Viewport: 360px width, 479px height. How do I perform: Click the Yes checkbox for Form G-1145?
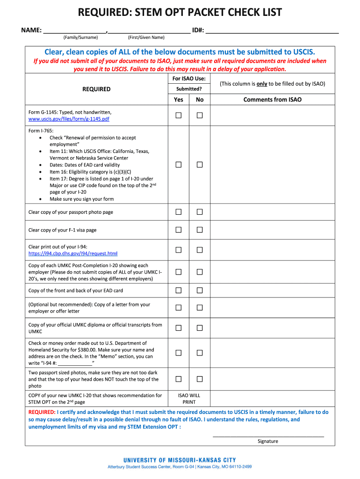click(x=179, y=116)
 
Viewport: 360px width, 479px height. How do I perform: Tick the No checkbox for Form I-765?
click(x=200, y=165)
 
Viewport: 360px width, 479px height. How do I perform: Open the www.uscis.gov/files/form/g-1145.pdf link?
click(x=69, y=119)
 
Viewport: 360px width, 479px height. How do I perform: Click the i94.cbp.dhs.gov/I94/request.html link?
click(x=73, y=254)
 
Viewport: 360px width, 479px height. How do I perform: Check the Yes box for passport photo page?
click(x=179, y=212)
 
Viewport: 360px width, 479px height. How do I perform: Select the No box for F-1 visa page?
click(x=200, y=230)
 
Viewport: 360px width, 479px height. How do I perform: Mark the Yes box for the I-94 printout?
click(x=179, y=250)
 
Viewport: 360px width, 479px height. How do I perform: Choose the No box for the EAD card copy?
click(x=200, y=290)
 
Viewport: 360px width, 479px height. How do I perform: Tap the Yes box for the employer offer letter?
click(x=179, y=307)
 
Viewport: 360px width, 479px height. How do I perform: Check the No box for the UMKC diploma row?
click(x=200, y=328)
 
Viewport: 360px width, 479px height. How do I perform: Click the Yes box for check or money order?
click(x=179, y=353)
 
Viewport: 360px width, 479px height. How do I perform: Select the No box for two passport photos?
click(x=200, y=379)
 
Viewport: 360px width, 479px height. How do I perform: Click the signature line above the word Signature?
click(x=268, y=435)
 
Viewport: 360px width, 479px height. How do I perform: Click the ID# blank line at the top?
click(x=272, y=32)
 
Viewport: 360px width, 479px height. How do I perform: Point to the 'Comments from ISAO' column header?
click(x=272, y=100)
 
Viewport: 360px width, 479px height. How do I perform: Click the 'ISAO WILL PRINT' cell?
click(x=189, y=399)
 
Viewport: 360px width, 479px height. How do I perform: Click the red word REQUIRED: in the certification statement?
click(x=42, y=412)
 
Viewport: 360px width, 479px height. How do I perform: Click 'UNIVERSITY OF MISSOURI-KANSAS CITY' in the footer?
click(x=180, y=460)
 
